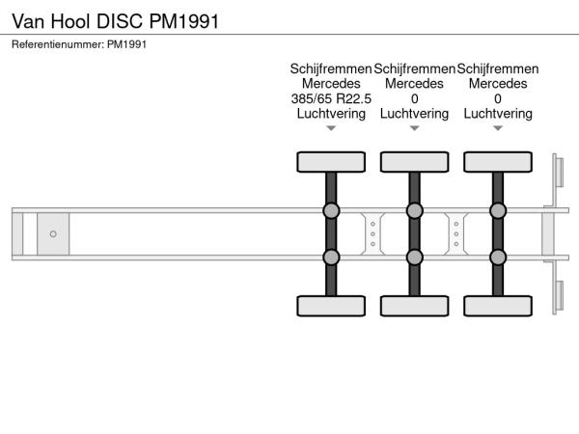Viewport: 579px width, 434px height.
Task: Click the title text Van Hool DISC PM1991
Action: coord(115,20)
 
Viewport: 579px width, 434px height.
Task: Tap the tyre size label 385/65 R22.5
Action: coord(330,98)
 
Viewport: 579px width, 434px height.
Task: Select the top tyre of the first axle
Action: coord(331,161)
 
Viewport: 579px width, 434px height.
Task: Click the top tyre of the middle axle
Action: coord(414,161)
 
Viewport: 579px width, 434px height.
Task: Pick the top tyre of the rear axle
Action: coord(498,161)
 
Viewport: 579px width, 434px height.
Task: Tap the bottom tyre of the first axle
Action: coord(331,307)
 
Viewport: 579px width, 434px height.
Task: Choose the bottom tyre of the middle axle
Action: coord(414,307)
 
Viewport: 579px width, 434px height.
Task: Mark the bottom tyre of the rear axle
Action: coord(498,307)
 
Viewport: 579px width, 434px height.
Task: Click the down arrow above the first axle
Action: coord(331,128)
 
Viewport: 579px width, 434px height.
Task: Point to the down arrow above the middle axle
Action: coord(414,128)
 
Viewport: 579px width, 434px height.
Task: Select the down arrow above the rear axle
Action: coord(498,128)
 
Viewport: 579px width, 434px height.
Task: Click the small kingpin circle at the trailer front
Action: coord(53,234)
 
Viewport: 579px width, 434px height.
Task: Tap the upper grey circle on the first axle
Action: coord(331,211)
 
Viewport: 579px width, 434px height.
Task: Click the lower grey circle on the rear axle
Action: coord(498,257)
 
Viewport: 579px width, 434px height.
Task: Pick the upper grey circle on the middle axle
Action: coord(414,211)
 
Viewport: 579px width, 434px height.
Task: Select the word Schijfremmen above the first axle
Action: coord(331,69)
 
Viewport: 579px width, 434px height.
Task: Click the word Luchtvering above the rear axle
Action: coord(498,113)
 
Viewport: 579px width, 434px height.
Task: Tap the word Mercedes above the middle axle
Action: coord(414,84)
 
